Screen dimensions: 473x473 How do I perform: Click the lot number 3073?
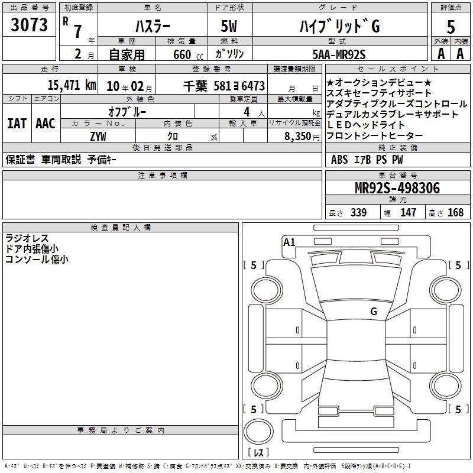pos(29,25)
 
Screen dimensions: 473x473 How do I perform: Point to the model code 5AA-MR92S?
pos(339,54)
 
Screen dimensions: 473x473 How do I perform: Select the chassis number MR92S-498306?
pos(397,189)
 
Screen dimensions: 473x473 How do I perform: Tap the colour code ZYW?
pos(98,135)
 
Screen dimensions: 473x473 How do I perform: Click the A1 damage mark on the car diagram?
pos(289,242)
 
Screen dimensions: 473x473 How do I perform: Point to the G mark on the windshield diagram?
pos(373,311)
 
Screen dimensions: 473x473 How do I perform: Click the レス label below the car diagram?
pos(258,452)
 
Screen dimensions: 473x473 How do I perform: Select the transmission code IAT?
pos(17,123)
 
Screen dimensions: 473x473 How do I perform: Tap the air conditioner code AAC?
pos(45,123)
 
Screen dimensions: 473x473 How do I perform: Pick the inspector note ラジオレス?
pos(27,238)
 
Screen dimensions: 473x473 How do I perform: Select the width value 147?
pos(408,212)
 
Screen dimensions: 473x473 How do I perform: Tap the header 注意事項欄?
pos(163,176)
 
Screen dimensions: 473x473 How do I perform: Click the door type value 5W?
pos(230,27)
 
